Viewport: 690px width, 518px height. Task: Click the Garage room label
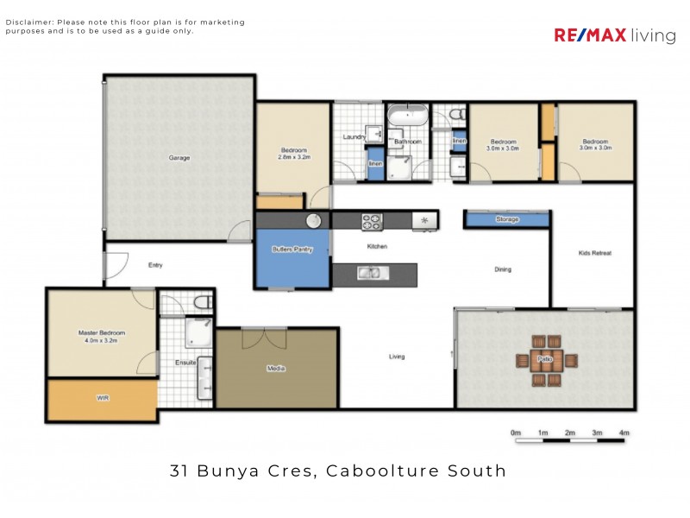(x=179, y=158)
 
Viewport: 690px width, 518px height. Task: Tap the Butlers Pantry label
(x=292, y=250)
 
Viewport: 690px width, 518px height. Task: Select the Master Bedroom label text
(x=102, y=333)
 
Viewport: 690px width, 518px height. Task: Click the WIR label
(x=103, y=398)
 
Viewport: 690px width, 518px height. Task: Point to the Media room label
(x=276, y=369)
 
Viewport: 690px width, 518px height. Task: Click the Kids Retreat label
(x=594, y=253)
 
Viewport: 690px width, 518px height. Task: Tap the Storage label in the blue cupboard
(x=507, y=219)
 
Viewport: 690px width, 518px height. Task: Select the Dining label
(x=503, y=269)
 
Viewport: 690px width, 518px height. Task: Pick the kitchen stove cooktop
(x=372, y=221)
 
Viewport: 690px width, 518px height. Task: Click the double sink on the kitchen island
(x=369, y=275)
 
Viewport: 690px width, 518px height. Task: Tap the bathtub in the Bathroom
(x=405, y=114)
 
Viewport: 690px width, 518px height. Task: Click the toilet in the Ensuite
(x=203, y=302)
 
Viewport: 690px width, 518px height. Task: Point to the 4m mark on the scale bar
(x=624, y=433)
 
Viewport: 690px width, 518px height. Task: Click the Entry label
(x=155, y=265)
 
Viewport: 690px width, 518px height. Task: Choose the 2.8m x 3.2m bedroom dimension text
(x=293, y=158)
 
